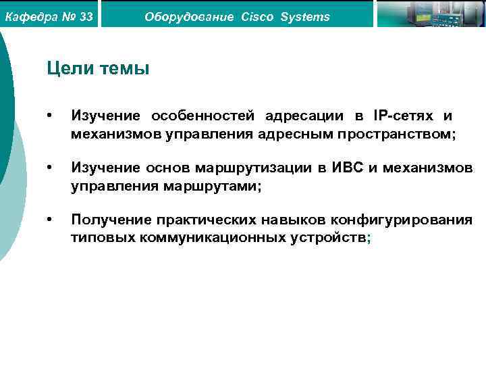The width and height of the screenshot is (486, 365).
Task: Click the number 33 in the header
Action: click(86, 16)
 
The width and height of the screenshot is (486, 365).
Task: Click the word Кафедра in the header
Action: click(29, 16)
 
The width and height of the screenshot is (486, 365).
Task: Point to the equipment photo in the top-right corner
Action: click(431, 14)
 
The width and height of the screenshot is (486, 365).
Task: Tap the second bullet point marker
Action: click(49, 167)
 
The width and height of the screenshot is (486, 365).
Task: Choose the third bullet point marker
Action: click(49, 219)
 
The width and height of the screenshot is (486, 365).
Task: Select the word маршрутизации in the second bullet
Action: click(256, 167)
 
